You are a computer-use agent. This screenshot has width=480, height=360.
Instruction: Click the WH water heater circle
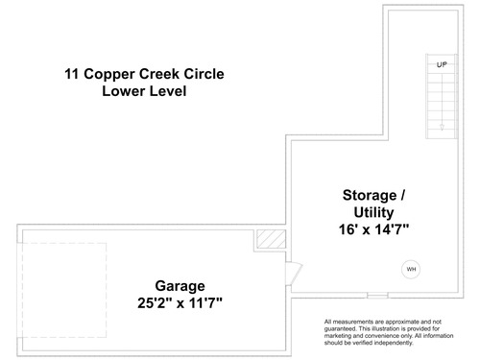click(x=411, y=269)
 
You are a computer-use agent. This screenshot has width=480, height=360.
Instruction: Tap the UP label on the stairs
click(x=442, y=64)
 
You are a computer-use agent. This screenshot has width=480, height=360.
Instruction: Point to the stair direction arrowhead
click(x=442, y=127)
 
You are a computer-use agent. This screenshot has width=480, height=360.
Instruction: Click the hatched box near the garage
click(x=272, y=239)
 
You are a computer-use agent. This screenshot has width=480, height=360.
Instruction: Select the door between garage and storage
click(x=294, y=274)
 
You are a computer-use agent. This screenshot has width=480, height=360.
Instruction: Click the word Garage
click(x=180, y=286)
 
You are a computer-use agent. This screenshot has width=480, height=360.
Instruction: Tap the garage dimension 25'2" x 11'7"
click(x=180, y=302)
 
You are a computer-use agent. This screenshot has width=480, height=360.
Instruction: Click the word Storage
click(x=370, y=196)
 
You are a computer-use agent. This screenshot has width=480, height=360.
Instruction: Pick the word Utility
click(x=373, y=213)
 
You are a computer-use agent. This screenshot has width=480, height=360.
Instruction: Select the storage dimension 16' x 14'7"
click(x=373, y=229)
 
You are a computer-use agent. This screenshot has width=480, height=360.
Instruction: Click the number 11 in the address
click(x=72, y=74)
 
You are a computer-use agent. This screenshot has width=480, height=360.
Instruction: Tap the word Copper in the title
click(x=109, y=75)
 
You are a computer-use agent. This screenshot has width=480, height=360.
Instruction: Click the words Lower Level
click(x=144, y=91)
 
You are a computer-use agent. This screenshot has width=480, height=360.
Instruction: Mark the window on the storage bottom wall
click(x=377, y=296)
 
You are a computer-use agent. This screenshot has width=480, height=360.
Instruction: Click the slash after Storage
click(x=402, y=195)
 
